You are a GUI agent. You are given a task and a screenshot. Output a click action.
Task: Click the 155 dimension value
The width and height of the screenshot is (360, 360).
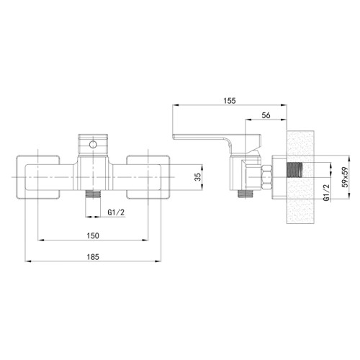point(230,101)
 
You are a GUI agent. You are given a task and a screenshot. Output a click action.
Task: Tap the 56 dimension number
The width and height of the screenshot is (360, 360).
point(266,115)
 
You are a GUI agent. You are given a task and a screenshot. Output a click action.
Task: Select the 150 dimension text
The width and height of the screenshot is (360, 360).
point(93,235)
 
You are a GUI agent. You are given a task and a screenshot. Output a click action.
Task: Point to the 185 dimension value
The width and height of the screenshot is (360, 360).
point(93,257)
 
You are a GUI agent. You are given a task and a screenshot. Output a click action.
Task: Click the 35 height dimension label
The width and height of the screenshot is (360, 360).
point(197,177)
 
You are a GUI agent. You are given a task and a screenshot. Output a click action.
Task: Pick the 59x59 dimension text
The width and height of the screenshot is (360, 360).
point(345,177)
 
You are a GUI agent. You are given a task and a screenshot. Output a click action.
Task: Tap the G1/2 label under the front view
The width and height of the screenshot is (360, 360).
point(116,212)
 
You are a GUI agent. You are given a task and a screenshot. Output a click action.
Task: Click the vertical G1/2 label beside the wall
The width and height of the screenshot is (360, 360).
point(326,192)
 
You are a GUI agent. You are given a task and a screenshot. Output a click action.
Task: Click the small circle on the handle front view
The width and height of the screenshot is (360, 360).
point(93,145)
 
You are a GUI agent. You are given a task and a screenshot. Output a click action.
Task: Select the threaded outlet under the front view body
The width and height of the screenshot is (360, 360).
point(93,194)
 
